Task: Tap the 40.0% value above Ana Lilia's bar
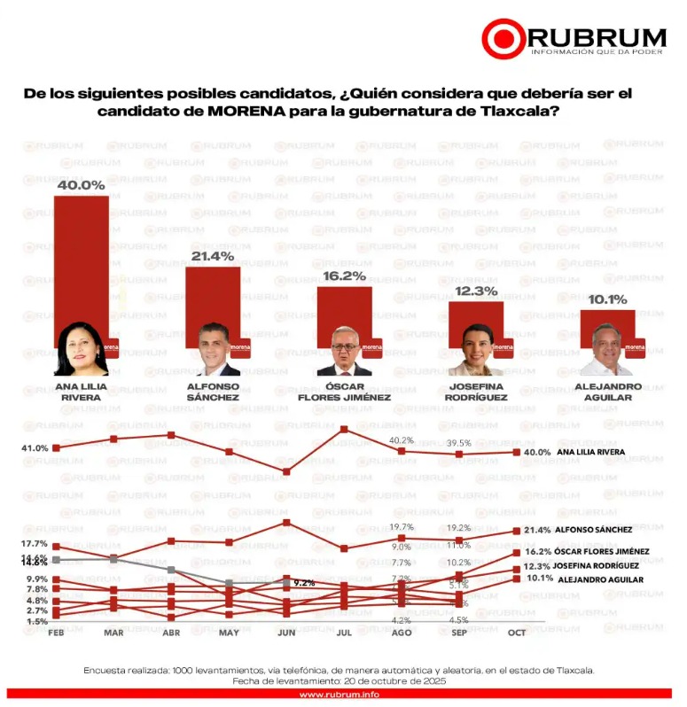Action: point(81,185)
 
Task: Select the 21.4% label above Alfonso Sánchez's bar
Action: point(212,256)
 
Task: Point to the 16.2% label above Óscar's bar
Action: point(344,276)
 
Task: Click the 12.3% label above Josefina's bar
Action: point(476,291)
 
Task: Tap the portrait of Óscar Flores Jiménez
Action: point(344,352)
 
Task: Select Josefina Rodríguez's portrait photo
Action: point(475,352)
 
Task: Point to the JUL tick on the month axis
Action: point(344,633)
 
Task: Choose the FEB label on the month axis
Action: point(56,633)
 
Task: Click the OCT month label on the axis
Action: point(517,633)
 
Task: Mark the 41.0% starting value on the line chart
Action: point(35,448)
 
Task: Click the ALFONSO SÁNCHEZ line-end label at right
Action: point(593,530)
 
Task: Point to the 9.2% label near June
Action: point(304,583)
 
